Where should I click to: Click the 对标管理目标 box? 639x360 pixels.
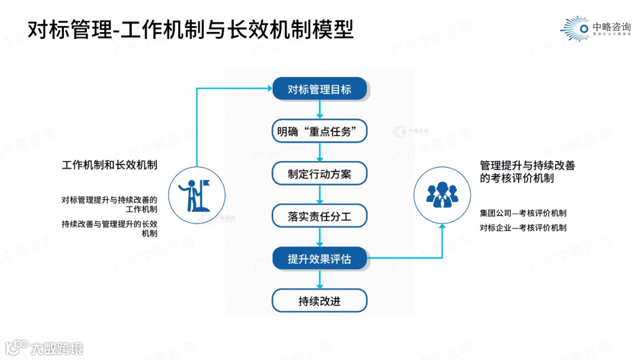coord(319,89)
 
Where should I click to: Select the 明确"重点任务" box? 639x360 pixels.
coord(319,131)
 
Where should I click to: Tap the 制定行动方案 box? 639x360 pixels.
coord(319,174)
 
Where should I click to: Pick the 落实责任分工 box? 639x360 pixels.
coord(319,216)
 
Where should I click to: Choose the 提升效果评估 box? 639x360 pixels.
coord(319,259)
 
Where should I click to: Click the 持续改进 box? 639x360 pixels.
coord(319,301)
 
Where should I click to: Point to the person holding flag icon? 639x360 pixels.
coord(196,195)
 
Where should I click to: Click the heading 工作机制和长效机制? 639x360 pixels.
coord(109,165)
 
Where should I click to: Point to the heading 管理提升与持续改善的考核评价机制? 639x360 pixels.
coord(527,172)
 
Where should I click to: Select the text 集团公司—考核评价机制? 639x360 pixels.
coord(523,213)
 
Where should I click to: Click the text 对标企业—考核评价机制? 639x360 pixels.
coord(523,227)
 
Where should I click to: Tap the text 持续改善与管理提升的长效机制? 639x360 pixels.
coord(110,229)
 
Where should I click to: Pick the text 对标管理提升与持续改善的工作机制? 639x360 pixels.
coord(110,204)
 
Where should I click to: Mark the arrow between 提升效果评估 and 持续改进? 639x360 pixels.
coord(319,280)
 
